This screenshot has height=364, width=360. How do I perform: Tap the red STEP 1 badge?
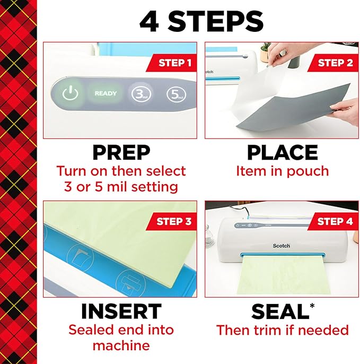pos(174,63)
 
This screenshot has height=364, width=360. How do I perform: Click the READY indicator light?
pos(106,93)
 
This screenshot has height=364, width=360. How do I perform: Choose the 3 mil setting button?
pos(140,94)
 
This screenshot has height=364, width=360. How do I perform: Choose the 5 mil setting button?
pos(175,94)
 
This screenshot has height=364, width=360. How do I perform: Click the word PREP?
pos(121,153)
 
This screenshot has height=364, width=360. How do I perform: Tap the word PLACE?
pos(282,153)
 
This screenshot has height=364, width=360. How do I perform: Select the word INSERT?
pos(121,311)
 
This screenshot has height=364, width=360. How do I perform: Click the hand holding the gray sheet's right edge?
pos(345,111)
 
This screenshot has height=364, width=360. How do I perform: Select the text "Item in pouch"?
pos(282,171)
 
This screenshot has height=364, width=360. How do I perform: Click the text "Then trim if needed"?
pos(282,330)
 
